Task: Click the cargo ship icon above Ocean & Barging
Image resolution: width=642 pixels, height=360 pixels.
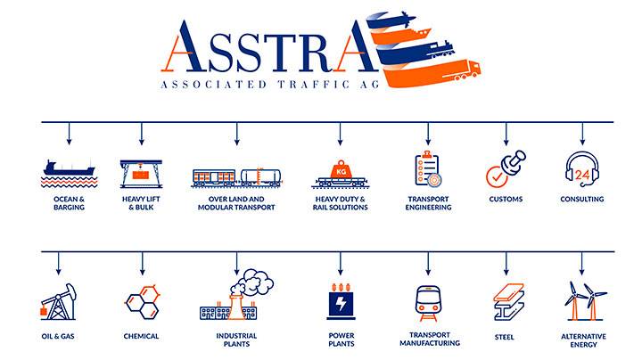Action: pyautogui.click(x=70, y=168)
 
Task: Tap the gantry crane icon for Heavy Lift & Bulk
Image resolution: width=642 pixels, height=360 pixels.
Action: pyautogui.click(x=141, y=174)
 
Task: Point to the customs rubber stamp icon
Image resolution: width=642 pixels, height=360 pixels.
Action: pyautogui.click(x=514, y=160)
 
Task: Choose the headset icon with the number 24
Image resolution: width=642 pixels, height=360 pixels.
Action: pyautogui.click(x=581, y=169)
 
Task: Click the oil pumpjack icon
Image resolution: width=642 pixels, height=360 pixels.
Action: pyautogui.click(x=58, y=302)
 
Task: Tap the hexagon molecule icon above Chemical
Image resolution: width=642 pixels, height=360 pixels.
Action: pyautogui.click(x=142, y=302)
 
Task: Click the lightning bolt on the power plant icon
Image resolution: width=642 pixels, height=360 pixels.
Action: pyautogui.click(x=341, y=304)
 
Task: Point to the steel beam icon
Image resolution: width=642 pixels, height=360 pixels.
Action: pyautogui.click(x=508, y=301)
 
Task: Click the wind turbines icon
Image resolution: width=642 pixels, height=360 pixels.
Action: pyautogui.click(x=585, y=300)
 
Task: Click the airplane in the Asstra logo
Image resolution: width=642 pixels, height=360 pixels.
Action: pyautogui.click(x=402, y=19)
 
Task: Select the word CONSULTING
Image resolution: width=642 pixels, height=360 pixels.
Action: pyautogui.click(x=581, y=200)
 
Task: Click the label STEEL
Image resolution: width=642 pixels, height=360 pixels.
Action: pyautogui.click(x=504, y=337)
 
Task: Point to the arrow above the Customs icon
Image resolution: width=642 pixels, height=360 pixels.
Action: pyautogui.click(x=506, y=134)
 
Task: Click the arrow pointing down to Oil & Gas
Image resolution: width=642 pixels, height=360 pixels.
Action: pyautogui.click(x=58, y=263)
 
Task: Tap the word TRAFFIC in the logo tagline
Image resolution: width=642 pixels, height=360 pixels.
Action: pyautogui.click(x=314, y=85)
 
